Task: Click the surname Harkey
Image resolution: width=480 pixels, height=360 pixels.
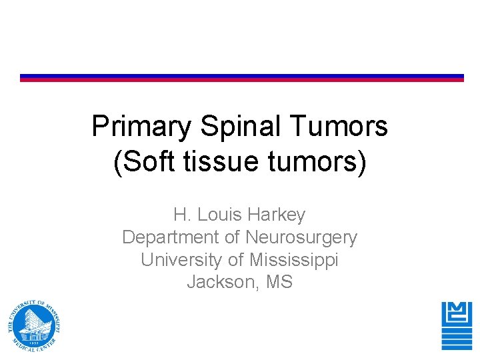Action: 276,215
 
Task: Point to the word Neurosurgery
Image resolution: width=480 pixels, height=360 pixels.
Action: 301,237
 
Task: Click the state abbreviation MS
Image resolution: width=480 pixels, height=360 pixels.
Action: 279,282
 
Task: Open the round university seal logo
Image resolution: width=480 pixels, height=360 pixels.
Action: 35,325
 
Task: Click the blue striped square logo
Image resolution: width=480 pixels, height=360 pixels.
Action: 456,325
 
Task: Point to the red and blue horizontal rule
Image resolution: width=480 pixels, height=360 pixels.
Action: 241,78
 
